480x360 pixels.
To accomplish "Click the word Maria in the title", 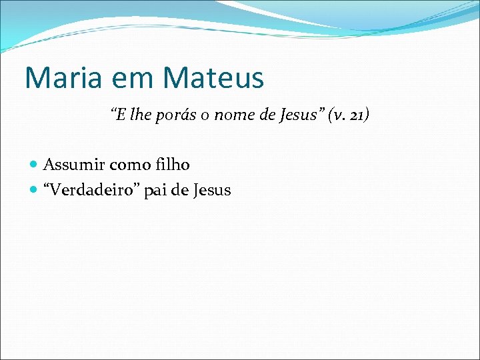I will tap(61, 77).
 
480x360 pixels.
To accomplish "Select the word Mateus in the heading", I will tap(213, 77).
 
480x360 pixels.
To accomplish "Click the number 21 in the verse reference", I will tap(356, 116).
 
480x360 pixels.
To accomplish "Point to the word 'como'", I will tap(130, 165).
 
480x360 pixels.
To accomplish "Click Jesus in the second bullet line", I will tap(211, 190).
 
